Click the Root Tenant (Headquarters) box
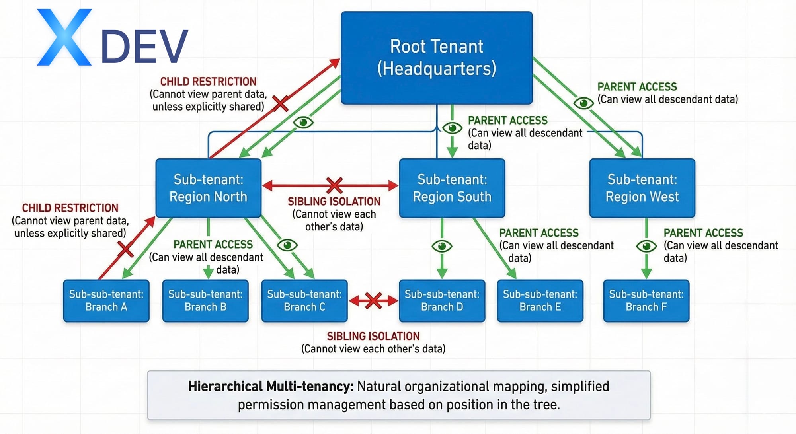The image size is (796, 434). click(437, 58)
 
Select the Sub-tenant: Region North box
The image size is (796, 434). click(208, 188)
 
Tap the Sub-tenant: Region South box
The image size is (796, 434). click(452, 188)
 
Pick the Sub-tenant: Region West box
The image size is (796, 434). click(642, 188)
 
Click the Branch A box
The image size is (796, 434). click(106, 301)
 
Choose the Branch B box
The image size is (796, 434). click(205, 301)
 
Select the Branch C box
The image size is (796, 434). click(304, 301)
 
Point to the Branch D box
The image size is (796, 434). click(442, 301)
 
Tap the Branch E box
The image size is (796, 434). click(540, 301)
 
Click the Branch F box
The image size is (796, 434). click(646, 301)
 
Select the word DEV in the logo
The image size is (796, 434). click(144, 47)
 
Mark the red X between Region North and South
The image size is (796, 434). click(334, 185)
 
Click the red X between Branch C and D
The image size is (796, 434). click(373, 301)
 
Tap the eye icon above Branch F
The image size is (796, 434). click(646, 246)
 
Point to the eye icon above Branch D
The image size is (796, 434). click(442, 246)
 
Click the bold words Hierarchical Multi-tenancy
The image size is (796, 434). click(271, 386)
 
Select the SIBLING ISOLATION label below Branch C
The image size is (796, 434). click(373, 336)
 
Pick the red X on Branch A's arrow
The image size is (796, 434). click(125, 249)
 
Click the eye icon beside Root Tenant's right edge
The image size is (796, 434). click(583, 103)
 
